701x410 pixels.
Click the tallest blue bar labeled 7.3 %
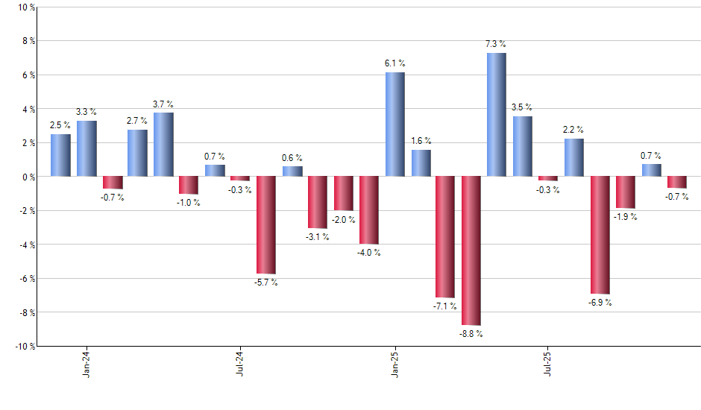[x=497, y=115]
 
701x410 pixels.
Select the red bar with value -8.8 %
[x=471, y=250]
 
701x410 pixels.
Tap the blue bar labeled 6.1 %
[x=394, y=124]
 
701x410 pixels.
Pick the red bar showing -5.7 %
[x=266, y=225]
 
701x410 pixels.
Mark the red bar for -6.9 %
[x=600, y=235]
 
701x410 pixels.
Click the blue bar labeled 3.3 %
[x=87, y=148]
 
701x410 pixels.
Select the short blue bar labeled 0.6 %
[x=292, y=171]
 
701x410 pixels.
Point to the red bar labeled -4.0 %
[x=369, y=210]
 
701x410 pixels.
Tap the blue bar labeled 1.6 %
[x=421, y=163]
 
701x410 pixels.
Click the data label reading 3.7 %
[x=163, y=104]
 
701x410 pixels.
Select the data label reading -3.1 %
[x=318, y=237]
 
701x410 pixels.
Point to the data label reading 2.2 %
[x=573, y=130]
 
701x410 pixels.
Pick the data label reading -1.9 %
[x=625, y=217]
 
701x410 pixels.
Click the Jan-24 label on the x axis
[x=87, y=362]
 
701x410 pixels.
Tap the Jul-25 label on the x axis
[x=548, y=362]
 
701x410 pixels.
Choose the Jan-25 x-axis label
[x=394, y=362]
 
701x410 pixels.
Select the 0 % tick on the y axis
[x=28, y=177]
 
